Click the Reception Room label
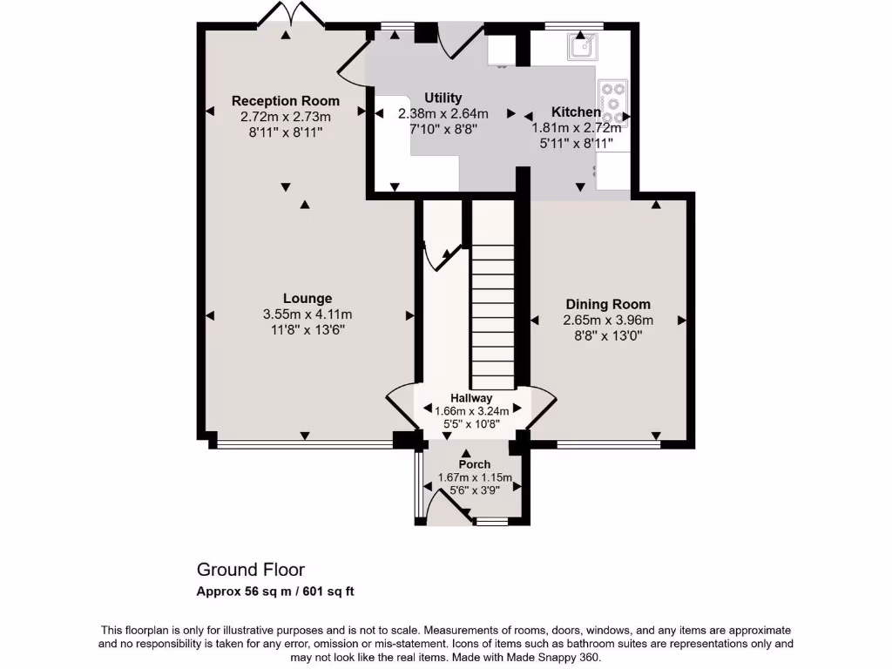click(x=286, y=101)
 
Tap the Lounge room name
click(x=307, y=299)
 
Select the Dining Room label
click(x=608, y=305)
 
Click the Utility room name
click(x=443, y=98)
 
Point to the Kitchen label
click(x=576, y=112)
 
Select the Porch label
click(x=475, y=464)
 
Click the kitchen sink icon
click(x=581, y=46)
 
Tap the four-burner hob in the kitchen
click(x=613, y=103)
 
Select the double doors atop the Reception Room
click(x=287, y=15)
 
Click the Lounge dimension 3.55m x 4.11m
click(x=307, y=314)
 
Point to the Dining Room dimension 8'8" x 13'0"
click(x=608, y=334)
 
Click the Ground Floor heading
click(x=251, y=570)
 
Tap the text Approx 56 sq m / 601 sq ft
click(x=275, y=591)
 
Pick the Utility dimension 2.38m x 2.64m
click(x=443, y=114)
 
